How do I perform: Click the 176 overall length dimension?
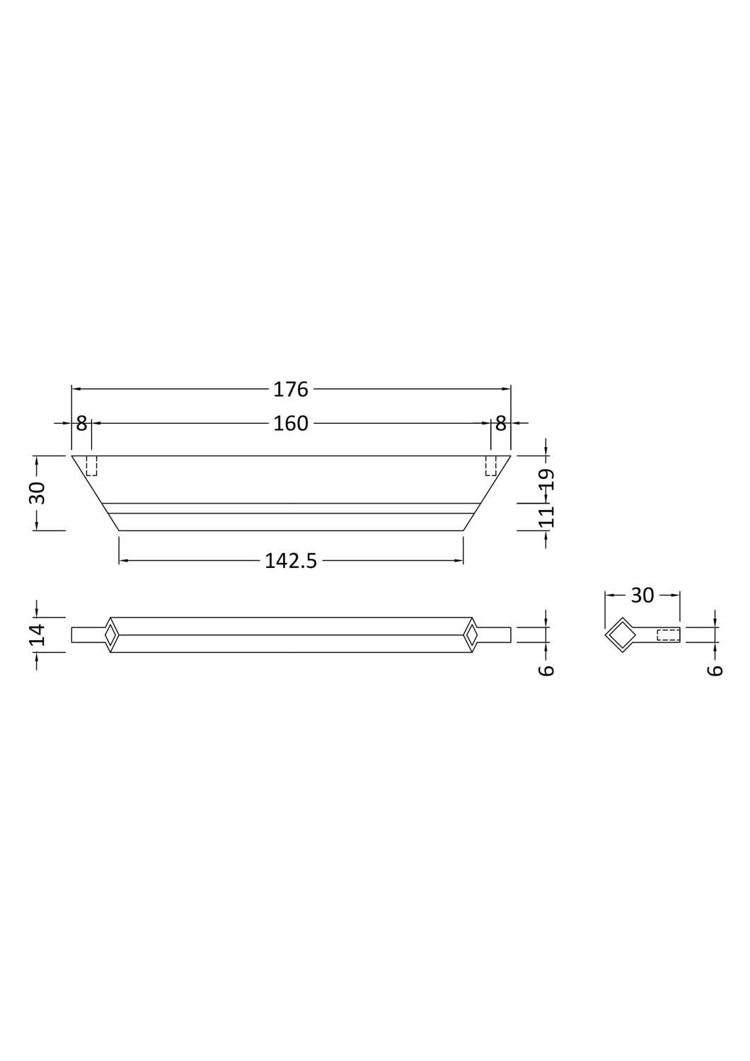click(291, 389)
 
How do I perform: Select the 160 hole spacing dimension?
click(291, 423)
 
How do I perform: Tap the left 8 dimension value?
click(81, 424)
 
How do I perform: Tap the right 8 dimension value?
click(501, 424)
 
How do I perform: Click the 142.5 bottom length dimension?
click(291, 561)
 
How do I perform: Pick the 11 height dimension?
click(546, 516)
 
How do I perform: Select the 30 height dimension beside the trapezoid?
click(37, 493)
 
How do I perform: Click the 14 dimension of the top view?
click(37, 634)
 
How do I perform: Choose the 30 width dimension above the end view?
click(642, 596)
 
